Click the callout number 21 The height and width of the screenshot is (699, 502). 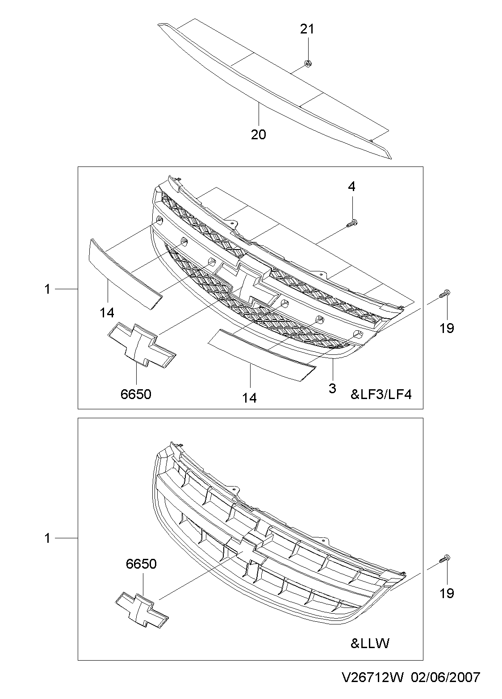(x=307, y=29)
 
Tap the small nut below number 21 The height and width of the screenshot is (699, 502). (x=307, y=64)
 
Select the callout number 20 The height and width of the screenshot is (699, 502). (x=258, y=134)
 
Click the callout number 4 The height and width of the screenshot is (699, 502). (x=352, y=187)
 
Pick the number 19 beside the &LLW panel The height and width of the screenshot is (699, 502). (x=447, y=593)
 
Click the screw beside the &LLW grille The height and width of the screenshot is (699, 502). (x=445, y=558)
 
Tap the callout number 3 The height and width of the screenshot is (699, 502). (x=332, y=388)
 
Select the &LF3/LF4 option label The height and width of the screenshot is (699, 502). (x=380, y=395)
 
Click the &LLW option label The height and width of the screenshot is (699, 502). (x=370, y=643)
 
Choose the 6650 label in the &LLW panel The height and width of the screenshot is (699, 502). (x=141, y=564)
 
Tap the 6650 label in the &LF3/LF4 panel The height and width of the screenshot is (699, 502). (x=136, y=394)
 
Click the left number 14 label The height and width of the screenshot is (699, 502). (x=107, y=313)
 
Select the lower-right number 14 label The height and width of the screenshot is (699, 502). (x=250, y=398)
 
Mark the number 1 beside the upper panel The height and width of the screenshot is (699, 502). (x=47, y=289)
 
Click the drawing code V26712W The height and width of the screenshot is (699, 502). (x=373, y=678)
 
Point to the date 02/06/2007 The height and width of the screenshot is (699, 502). (x=445, y=678)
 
